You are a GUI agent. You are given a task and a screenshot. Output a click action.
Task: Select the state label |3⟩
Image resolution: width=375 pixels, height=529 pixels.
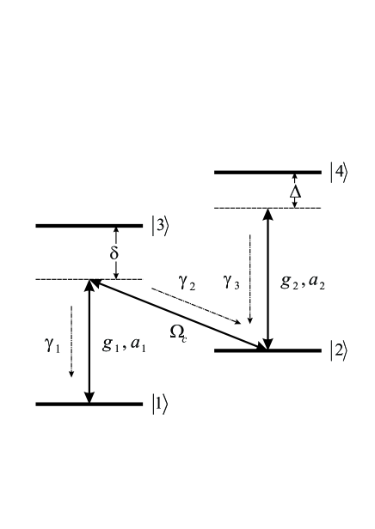(x=161, y=226)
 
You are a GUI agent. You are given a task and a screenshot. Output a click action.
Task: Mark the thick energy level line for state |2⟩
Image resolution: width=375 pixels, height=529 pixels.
(x=267, y=350)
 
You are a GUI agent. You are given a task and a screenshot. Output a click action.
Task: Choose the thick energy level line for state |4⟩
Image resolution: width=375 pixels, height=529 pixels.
(x=267, y=173)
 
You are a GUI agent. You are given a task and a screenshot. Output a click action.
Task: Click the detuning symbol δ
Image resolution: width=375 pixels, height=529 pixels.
(x=114, y=254)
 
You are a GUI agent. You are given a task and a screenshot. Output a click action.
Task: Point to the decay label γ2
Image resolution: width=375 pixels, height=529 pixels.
(x=187, y=284)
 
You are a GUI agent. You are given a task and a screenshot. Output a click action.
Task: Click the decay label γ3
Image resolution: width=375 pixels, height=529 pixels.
(x=231, y=280)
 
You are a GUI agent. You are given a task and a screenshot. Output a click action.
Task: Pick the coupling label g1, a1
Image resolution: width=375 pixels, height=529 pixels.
(x=123, y=344)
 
